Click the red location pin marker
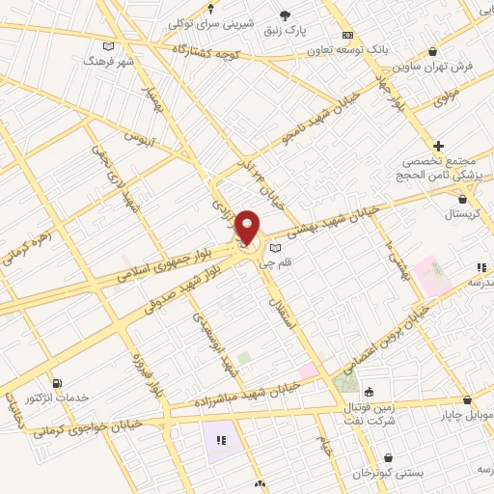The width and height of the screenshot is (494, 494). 247,228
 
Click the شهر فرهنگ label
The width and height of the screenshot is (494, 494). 107,61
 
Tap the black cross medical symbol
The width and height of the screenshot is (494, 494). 439,145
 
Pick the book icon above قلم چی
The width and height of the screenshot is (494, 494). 276,248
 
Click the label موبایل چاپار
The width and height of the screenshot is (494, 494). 467,416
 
